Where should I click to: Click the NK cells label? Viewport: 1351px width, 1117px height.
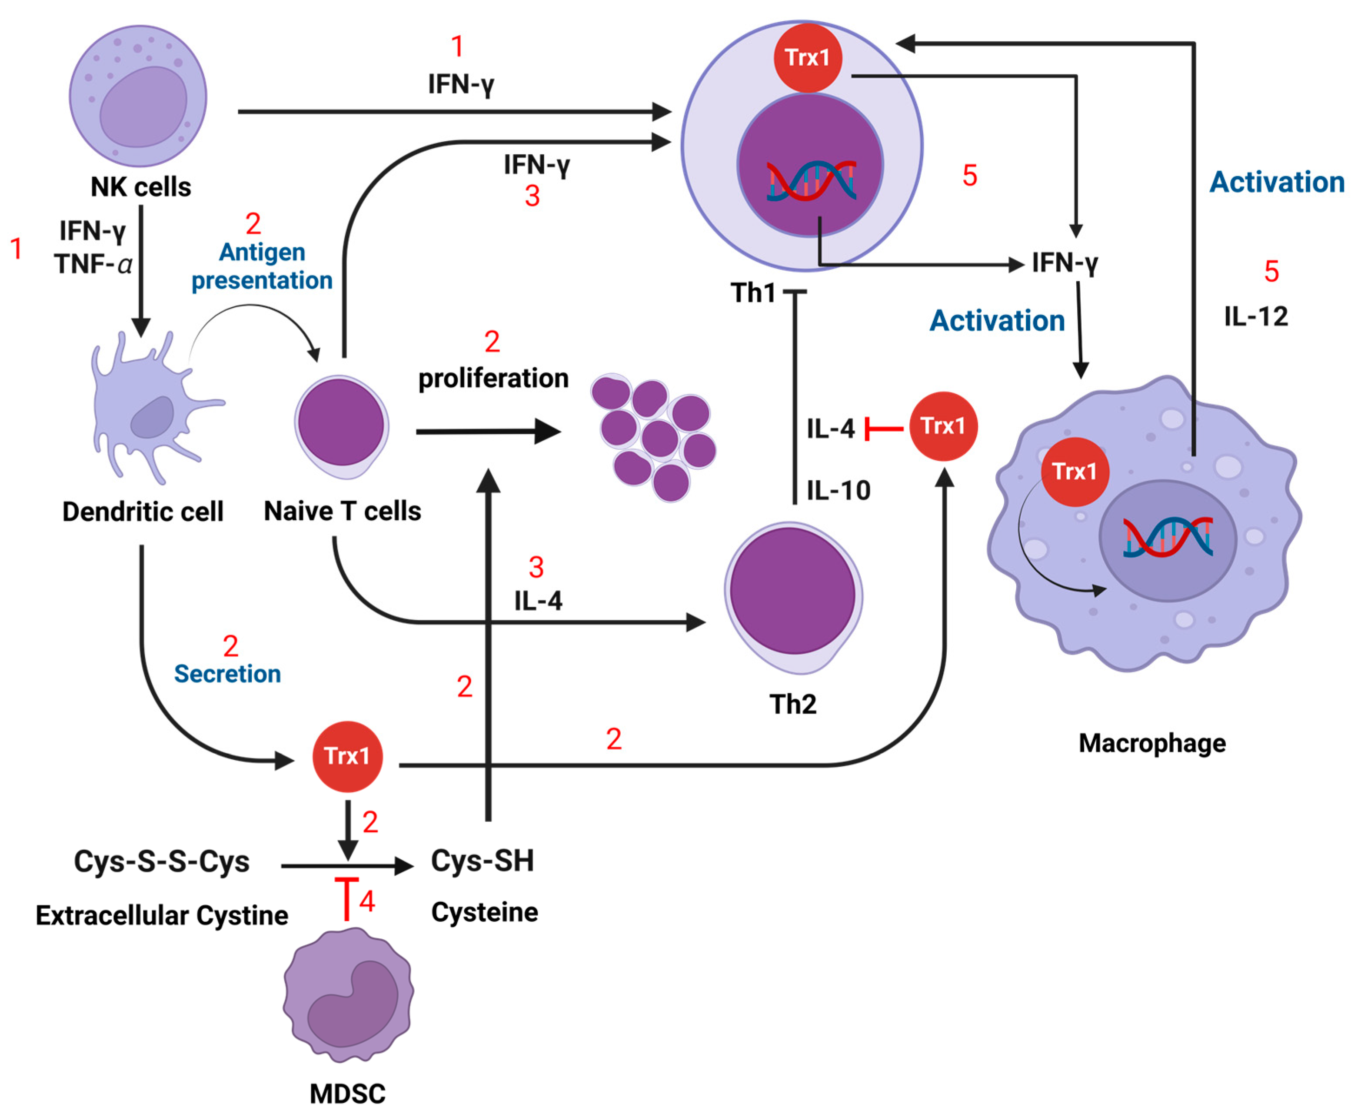(x=140, y=187)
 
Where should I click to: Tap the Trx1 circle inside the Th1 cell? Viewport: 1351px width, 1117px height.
(x=807, y=58)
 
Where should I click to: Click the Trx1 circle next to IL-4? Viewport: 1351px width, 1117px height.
(x=943, y=426)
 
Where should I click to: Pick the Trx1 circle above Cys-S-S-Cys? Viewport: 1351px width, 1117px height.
(x=347, y=756)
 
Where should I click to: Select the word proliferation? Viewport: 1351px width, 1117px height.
(x=493, y=378)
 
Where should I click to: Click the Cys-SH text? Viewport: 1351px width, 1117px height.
(x=482, y=861)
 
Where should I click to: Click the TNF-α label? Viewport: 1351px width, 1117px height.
(x=93, y=264)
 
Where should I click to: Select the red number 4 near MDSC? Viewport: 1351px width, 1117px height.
(x=367, y=901)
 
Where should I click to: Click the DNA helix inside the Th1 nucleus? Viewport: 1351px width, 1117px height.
(x=811, y=180)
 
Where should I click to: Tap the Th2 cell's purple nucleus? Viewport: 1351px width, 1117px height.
(x=792, y=591)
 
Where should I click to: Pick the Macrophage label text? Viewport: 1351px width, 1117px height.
(x=1151, y=743)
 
